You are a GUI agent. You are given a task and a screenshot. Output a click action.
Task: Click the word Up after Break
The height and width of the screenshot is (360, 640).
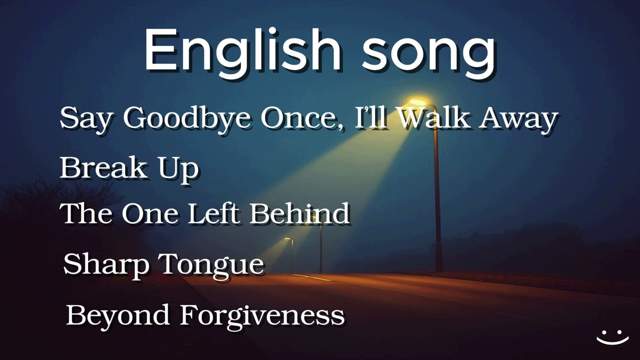tap(178, 169)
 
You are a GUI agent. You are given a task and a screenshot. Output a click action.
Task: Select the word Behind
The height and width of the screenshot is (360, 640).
tap(299, 213)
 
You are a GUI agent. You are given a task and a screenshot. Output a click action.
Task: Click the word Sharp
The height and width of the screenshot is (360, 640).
tap(106, 264)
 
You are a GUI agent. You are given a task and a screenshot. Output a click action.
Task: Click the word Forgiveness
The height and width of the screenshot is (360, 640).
tap(262, 315)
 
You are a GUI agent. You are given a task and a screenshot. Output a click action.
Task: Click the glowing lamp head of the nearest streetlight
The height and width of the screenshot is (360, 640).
tap(418, 102)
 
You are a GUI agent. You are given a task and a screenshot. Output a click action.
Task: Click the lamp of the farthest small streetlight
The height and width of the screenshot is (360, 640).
tap(288, 239)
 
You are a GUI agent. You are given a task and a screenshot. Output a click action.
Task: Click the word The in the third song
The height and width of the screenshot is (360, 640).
tap(85, 213)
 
